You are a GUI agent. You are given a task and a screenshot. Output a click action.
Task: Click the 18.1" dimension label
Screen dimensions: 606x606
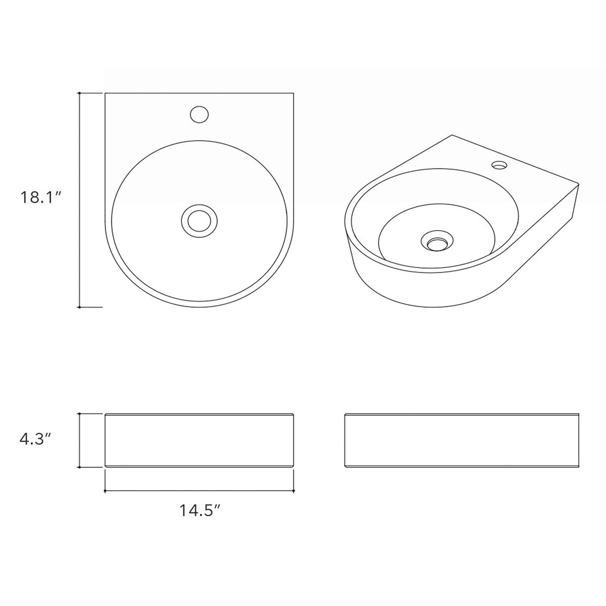click(x=41, y=197)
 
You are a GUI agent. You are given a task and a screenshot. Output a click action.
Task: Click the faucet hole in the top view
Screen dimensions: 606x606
click(x=199, y=114)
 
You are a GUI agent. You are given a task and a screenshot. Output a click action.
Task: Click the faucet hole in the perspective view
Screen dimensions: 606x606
click(x=499, y=165)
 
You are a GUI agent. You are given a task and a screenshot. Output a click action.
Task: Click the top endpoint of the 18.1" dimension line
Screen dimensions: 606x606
click(x=79, y=93)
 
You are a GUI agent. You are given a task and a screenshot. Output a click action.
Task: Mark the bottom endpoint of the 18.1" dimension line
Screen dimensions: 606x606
click(x=79, y=307)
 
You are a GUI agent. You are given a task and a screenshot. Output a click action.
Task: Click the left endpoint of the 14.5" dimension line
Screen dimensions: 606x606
click(x=105, y=491)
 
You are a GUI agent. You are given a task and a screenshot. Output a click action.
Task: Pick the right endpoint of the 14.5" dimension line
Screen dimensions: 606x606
click(x=294, y=491)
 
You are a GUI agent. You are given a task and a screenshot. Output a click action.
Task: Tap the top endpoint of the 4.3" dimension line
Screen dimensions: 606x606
click(x=79, y=414)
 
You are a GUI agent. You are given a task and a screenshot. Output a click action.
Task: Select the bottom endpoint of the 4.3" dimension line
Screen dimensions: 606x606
click(x=79, y=467)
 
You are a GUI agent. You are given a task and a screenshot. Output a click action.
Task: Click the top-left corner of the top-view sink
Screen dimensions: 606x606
click(x=105, y=93)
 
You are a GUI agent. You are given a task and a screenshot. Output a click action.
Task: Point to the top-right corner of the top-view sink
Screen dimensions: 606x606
click(x=293, y=93)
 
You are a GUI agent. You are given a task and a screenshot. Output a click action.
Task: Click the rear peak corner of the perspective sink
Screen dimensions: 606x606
click(x=452, y=135)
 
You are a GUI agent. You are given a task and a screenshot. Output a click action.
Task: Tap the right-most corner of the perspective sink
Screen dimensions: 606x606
click(x=579, y=184)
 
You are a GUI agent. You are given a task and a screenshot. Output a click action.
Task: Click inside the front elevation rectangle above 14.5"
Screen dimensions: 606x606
click(x=199, y=440)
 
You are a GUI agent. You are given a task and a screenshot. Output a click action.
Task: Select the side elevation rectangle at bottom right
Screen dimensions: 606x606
click(x=461, y=440)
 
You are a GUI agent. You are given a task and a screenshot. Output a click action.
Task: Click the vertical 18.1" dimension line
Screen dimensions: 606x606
click(x=79, y=252)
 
